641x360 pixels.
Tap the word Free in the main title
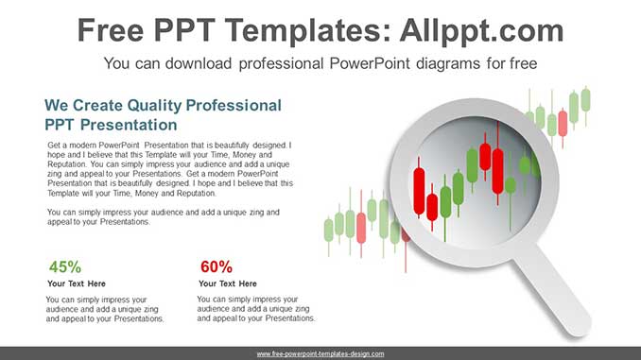tap(111, 30)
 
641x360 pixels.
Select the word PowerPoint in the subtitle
tap(370, 63)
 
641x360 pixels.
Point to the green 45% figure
tap(65, 266)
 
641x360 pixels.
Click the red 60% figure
tap(217, 266)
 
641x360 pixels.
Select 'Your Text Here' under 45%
tap(77, 283)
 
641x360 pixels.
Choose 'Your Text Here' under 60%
tap(228, 283)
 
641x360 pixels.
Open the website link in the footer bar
tap(320, 354)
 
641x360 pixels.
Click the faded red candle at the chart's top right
tap(563, 123)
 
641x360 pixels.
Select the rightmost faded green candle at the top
tap(586, 100)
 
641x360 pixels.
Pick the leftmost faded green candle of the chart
tap(329, 230)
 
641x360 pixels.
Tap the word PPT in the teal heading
tap(59, 125)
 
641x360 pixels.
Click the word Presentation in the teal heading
tap(129, 125)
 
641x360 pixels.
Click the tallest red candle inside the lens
tap(497, 171)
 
